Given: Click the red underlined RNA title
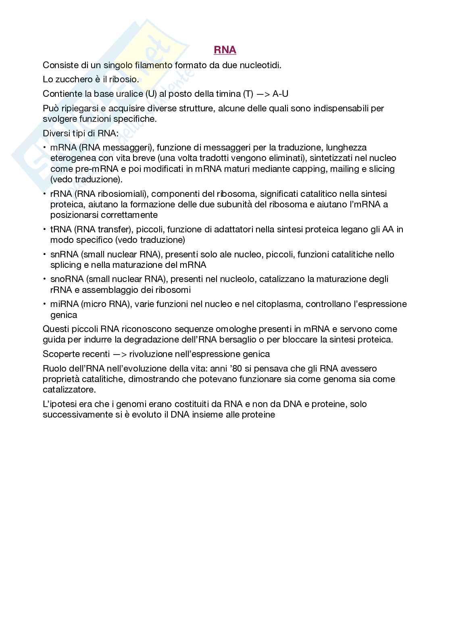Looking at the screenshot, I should [225, 50].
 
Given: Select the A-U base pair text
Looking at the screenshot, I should [280, 94].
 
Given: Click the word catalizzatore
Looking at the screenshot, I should [69, 390].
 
